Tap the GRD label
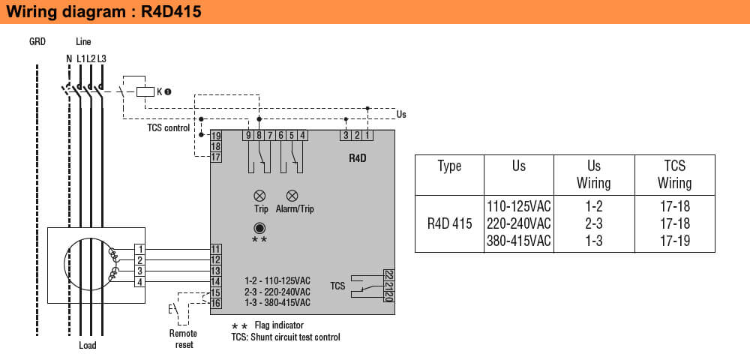click(37, 42)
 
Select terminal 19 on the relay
click(216, 136)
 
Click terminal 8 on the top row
click(259, 135)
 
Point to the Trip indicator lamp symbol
click(260, 195)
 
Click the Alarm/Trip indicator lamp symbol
click(292, 195)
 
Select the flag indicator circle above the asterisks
click(259, 228)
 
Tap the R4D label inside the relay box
click(358, 159)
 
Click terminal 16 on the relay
click(216, 303)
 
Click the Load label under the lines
click(88, 346)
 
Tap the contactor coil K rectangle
click(145, 91)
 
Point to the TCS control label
click(168, 127)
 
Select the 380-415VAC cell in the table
click(519, 241)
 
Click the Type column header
click(449, 166)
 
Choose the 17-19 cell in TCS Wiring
click(674, 241)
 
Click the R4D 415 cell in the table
click(450, 223)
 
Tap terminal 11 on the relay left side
click(216, 248)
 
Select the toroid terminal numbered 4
click(140, 282)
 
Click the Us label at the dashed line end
click(401, 115)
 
